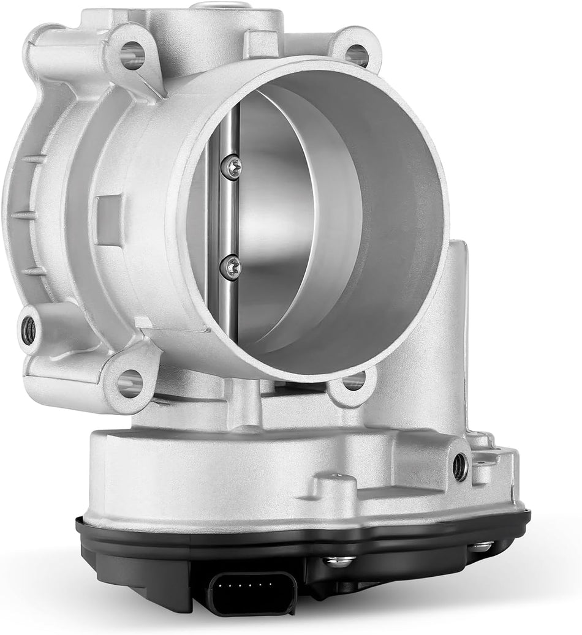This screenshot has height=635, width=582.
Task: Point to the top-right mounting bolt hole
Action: pyautogui.click(x=357, y=54)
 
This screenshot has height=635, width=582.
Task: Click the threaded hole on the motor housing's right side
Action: pyautogui.click(x=460, y=468)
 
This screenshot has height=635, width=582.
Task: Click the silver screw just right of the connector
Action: pyautogui.click(x=339, y=560)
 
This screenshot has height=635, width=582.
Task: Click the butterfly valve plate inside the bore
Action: pyautogui.click(x=288, y=220)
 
